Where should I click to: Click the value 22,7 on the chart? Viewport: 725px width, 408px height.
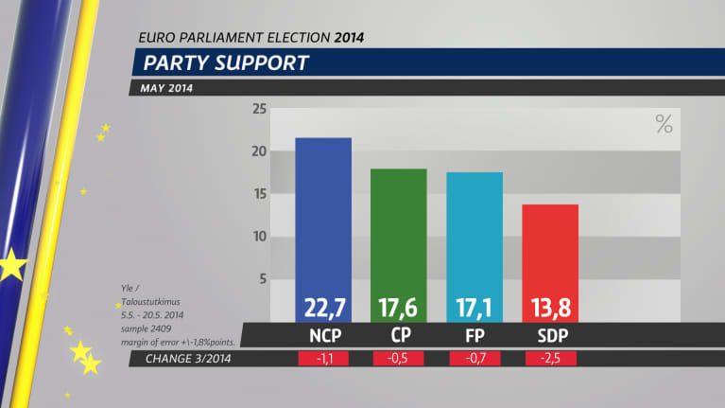[323, 308]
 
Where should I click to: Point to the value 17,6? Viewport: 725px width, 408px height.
[399, 308]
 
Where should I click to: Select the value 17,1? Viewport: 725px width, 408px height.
[475, 308]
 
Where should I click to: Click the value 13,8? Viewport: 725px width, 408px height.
[550, 308]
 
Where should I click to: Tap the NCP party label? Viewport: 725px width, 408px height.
[323, 335]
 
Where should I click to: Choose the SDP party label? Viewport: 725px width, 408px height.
[550, 335]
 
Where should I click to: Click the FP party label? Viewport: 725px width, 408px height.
[475, 335]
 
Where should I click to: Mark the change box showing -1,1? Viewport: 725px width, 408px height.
[323, 359]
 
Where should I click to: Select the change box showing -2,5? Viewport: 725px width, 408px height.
[550, 359]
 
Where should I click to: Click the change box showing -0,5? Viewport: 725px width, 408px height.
[399, 359]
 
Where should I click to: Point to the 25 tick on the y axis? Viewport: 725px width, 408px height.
[258, 109]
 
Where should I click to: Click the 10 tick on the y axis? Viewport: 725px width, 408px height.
[258, 237]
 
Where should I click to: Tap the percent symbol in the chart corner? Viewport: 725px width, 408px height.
[664, 123]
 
